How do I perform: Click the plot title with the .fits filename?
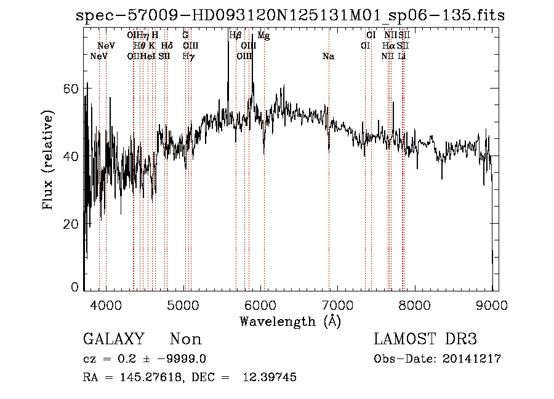click(x=290, y=15)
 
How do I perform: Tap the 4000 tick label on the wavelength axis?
click(x=106, y=305)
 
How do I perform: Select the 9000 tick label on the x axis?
click(x=492, y=305)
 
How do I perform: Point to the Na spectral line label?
click(x=328, y=57)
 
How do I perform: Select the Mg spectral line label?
click(x=263, y=36)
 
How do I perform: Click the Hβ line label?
click(x=235, y=36)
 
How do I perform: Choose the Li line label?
click(x=402, y=57)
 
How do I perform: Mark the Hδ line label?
click(x=167, y=46)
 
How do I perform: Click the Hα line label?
click(x=388, y=46)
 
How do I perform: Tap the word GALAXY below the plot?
click(x=114, y=339)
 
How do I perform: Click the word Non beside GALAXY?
click(x=185, y=339)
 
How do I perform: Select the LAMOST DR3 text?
click(x=425, y=339)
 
